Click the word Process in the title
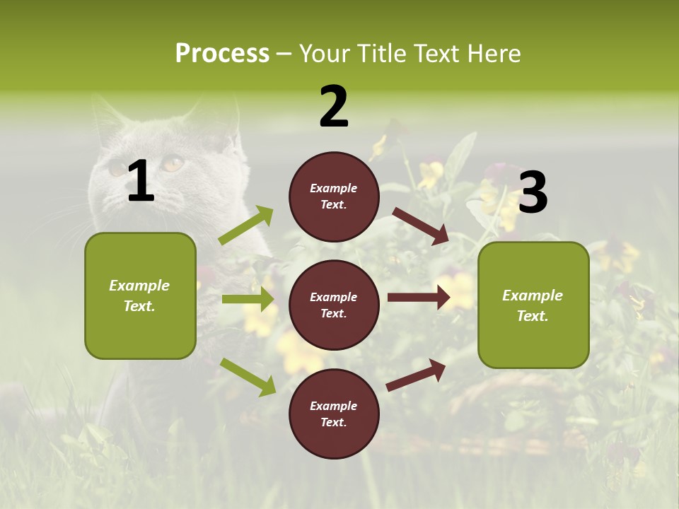[222, 54]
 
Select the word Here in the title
[494, 54]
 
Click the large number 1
[141, 182]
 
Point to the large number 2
[334, 107]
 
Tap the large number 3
[533, 193]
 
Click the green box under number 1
[140, 296]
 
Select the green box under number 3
[533, 305]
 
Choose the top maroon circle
[334, 197]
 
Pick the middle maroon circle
[334, 305]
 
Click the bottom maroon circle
[334, 414]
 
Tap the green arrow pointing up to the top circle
[246, 226]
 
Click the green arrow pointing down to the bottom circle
[248, 376]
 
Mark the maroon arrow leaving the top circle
[421, 226]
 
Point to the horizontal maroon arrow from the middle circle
[419, 297]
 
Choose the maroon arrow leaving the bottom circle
[417, 375]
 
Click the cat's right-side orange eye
[173, 164]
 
